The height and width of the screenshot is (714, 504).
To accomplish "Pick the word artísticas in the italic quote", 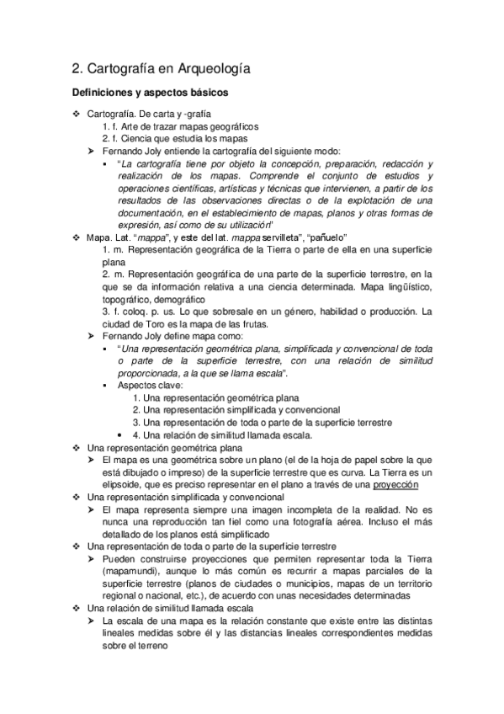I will coord(215,189).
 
